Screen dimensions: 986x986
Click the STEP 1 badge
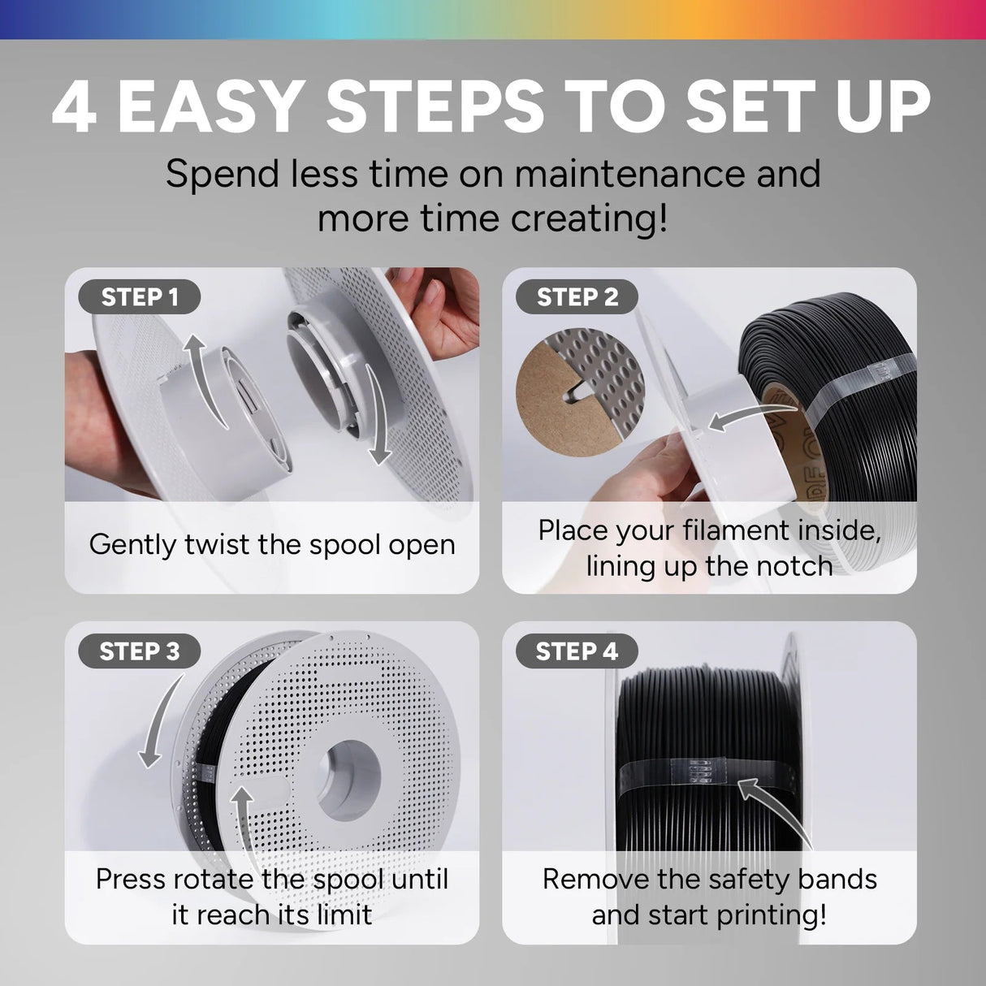click(x=139, y=296)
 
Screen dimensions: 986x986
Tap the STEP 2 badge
click(x=577, y=296)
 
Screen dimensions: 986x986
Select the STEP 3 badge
click(x=139, y=651)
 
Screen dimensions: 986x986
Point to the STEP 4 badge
click(x=577, y=651)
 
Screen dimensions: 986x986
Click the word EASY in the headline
click(x=209, y=108)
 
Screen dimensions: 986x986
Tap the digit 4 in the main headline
click(x=74, y=108)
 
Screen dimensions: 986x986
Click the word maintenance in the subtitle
click(x=630, y=174)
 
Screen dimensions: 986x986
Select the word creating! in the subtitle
click(x=589, y=218)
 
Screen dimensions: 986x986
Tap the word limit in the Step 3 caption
click(x=344, y=915)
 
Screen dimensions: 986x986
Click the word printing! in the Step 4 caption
click(x=771, y=915)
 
